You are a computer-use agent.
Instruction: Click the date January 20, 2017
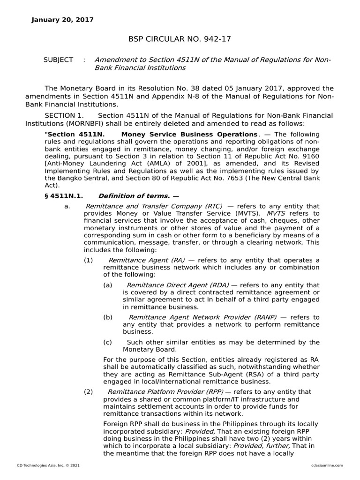62,20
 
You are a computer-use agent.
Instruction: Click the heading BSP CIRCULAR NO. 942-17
180,39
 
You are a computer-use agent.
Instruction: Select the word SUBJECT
58,60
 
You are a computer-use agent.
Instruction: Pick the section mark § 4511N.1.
64,196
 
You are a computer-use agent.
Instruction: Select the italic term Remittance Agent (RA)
146,260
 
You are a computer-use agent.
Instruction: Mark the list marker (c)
108,342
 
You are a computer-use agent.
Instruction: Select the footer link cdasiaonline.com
327,465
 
